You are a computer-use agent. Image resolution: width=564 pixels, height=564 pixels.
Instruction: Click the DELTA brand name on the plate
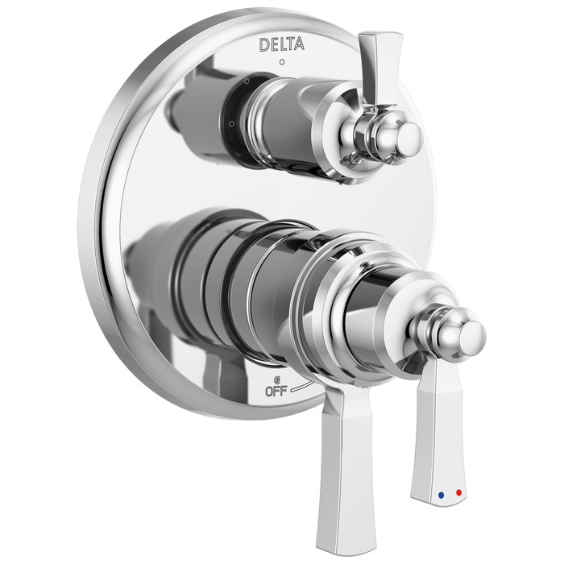pyautogui.click(x=281, y=45)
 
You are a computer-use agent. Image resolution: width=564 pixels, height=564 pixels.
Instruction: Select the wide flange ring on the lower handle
pyautogui.click(x=322, y=306)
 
